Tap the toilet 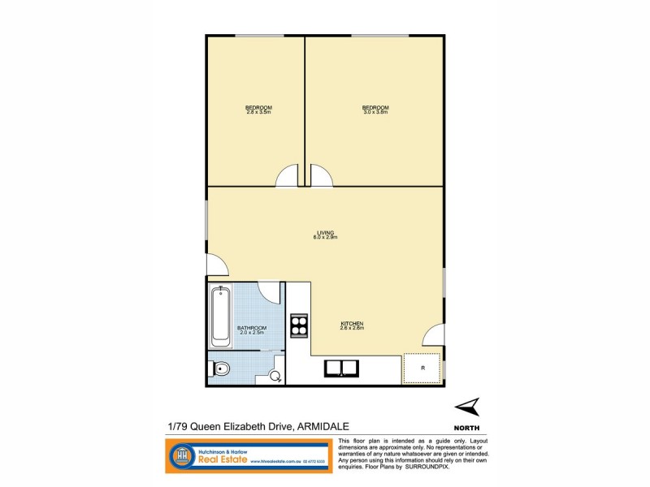(220, 370)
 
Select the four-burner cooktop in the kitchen (299, 325)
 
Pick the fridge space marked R (422, 368)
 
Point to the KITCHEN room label (352, 322)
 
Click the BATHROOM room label (252, 327)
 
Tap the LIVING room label (325, 232)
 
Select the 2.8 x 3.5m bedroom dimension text (258, 112)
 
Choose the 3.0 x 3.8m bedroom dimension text (375, 112)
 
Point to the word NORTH (466, 427)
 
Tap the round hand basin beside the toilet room (276, 376)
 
